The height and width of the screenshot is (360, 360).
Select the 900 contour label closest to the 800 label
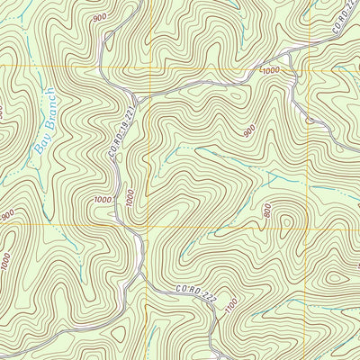click(x=248, y=132)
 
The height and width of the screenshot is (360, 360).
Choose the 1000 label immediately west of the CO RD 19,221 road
click(x=103, y=200)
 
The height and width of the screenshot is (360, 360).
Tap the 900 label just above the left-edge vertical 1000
click(x=7, y=214)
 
